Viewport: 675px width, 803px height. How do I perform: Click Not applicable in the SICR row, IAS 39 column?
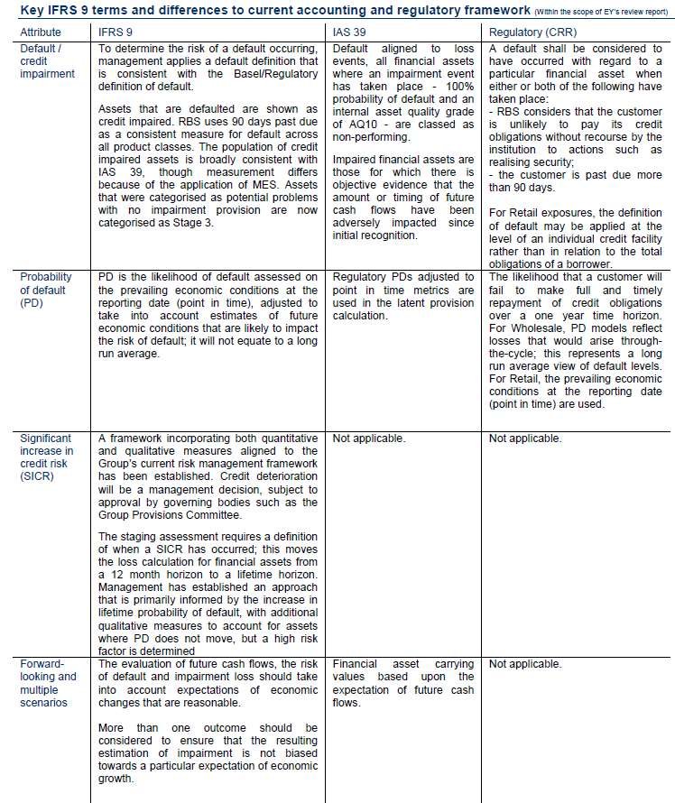pos(369,438)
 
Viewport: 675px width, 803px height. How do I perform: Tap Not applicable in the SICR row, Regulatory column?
pos(525,438)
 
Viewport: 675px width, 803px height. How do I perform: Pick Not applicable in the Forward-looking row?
pos(525,664)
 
